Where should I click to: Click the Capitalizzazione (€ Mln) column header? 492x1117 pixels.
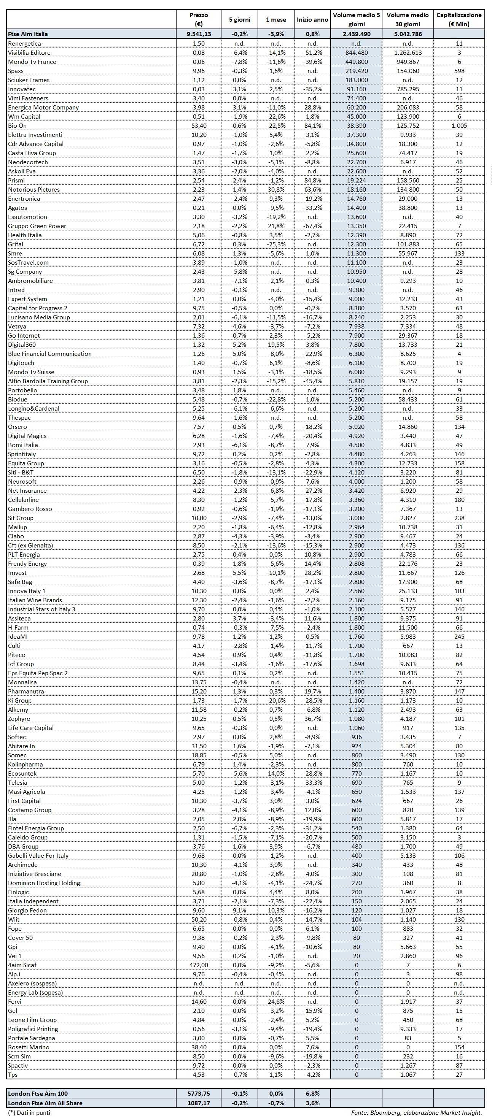(x=459, y=19)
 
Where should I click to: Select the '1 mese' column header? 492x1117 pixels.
(x=276, y=19)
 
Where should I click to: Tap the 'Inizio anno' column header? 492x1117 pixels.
(x=312, y=19)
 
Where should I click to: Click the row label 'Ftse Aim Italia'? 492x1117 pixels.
(x=28, y=34)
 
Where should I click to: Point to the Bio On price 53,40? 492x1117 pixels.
(x=199, y=126)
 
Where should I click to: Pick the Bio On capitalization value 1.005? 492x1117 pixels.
(x=459, y=126)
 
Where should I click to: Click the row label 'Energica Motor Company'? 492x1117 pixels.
(x=43, y=108)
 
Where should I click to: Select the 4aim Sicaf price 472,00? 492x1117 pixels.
(x=199, y=965)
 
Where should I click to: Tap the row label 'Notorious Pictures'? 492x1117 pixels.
(x=34, y=189)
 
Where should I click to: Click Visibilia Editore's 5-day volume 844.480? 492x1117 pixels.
(x=356, y=52)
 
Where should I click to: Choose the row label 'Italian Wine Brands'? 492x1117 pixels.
(x=35, y=600)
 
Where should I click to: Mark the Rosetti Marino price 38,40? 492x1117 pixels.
(x=199, y=1047)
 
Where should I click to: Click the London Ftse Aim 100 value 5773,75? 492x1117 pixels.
(x=199, y=1093)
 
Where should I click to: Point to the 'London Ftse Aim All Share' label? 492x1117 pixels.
(x=45, y=1103)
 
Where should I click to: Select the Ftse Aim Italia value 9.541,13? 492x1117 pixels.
(x=199, y=34)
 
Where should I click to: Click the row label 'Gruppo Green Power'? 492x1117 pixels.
(x=37, y=226)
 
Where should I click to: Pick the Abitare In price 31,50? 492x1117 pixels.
(x=199, y=746)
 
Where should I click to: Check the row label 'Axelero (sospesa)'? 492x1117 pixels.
(x=32, y=983)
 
